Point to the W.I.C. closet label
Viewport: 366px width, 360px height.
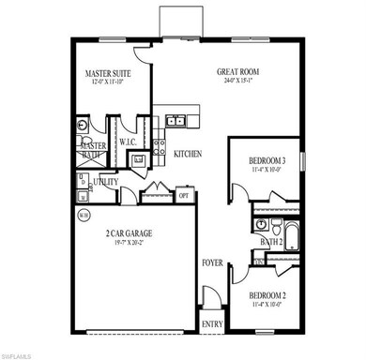click(x=129, y=142)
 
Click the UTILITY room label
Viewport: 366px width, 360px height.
click(x=104, y=180)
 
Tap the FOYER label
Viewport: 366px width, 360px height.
click(x=212, y=263)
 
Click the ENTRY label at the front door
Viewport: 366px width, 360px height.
click(x=213, y=324)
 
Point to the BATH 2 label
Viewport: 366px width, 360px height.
click(x=272, y=242)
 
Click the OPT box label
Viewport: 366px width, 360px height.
click(x=184, y=196)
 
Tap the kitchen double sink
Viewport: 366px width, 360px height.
click(x=175, y=122)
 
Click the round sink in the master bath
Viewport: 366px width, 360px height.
click(x=84, y=124)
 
